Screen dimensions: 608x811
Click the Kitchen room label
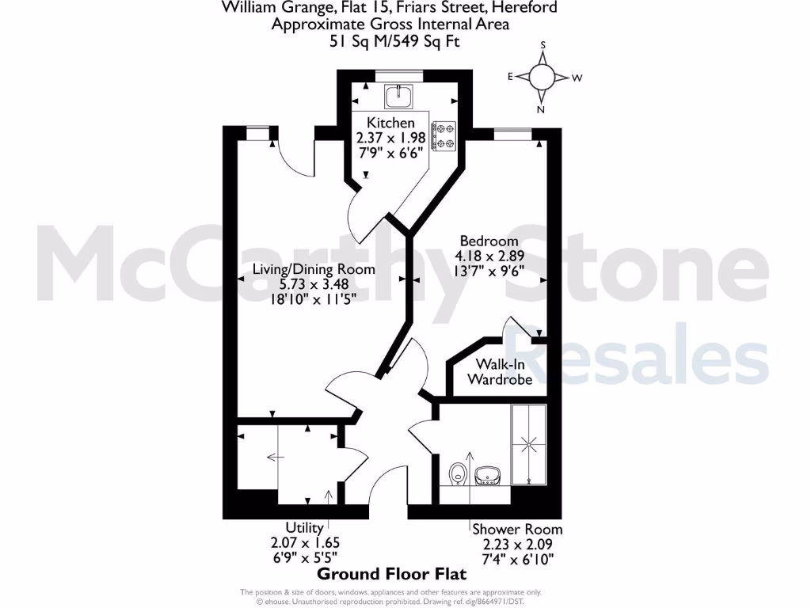click(390, 123)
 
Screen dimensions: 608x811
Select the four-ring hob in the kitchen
click(444, 135)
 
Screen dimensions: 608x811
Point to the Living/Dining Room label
click(314, 269)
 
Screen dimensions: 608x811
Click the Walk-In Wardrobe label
click(499, 371)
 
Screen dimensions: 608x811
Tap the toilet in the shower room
click(456, 474)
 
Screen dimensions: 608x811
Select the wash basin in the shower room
click(485, 474)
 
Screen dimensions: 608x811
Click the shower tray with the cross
click(527, 445)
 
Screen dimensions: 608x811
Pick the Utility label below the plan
click(305, 528)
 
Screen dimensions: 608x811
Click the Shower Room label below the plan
click(517, 529)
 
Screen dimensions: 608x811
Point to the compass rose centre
click(542, 77)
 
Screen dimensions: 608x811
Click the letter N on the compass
click(541, 110)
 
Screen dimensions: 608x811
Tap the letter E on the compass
click(512, 77)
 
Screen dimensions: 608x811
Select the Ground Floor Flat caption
click(392, 573)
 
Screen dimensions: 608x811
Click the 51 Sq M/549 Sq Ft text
click(390, 41)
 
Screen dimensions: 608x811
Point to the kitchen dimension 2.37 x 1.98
click(391, 137)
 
